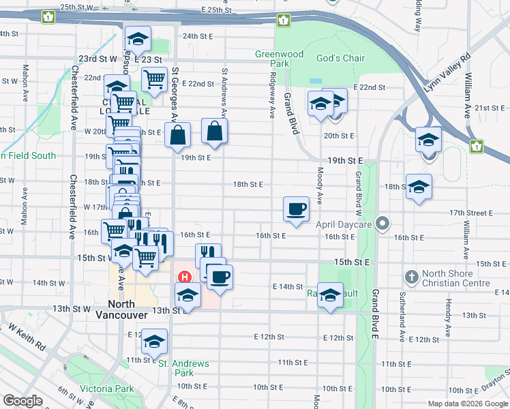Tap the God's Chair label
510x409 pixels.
(x=340, y=59)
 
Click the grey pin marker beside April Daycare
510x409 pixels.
(x=383, y=224)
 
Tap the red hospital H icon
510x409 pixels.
(x=183, y=277)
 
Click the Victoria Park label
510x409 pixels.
(x=106, y=389)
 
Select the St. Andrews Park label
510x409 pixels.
(x=184, y=368)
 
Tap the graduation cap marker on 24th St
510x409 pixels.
(x=138, y=41)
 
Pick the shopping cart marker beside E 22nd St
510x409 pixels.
(x=155, y=79)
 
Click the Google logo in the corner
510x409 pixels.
(x=23, y=401)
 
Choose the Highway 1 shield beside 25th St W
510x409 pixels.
(x=47, y=16)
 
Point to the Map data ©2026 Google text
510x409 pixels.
(x=467, y=404)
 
